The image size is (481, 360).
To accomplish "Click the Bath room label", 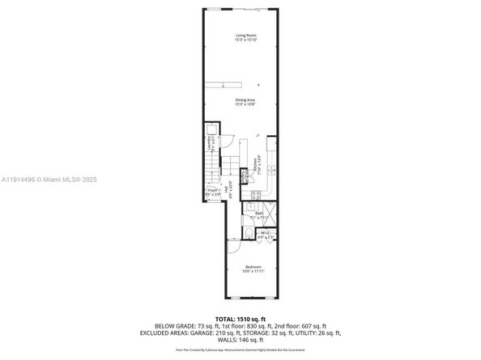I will [258, 214].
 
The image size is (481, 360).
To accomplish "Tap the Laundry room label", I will [211, 146].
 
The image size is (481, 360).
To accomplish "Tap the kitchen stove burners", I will [255, 195].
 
